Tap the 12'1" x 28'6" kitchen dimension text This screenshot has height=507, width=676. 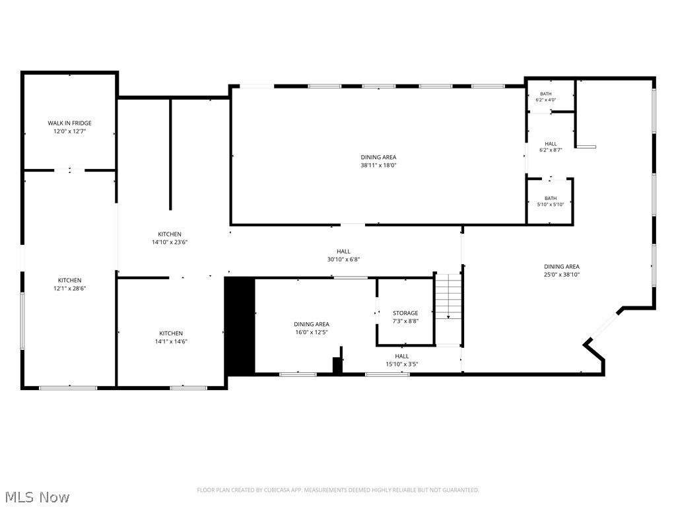70,288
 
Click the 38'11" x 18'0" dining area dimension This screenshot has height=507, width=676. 378,165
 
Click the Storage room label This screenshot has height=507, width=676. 405,313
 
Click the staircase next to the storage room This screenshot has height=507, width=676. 448,309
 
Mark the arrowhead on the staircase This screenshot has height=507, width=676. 448,317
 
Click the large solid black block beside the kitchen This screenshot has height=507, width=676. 240,326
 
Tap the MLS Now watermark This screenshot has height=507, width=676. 36,497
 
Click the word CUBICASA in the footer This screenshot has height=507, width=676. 279,490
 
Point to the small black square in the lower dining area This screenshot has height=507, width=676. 337,365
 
